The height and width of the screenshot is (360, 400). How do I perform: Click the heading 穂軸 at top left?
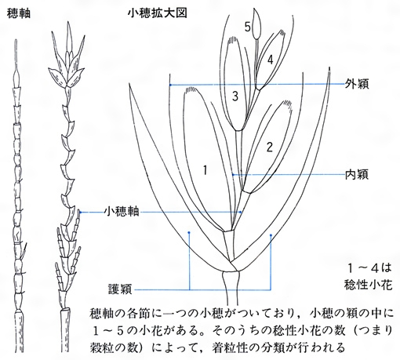tap(19, 13)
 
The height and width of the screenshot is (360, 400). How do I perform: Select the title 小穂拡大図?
tap(158, 13)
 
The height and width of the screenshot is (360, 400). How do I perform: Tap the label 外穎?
tap(357, 84)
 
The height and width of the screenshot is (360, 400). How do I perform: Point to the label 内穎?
tap(357, 174)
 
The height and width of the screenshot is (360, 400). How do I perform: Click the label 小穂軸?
tap(122, 212)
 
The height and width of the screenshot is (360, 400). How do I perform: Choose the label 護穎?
tap(121, 289)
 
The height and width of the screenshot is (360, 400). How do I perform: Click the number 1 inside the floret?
tap(205, 171)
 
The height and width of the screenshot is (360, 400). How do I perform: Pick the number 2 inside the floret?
tap(270, 147)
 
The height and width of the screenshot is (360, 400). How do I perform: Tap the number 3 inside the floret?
tap(235, 96)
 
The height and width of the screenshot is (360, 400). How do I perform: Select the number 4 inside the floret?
tap(270, 60)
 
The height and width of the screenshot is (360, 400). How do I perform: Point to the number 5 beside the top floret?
tap(248, 27)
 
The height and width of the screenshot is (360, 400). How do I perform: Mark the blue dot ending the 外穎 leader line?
tap(170, 85)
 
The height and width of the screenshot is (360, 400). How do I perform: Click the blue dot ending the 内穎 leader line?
tap(233, 174)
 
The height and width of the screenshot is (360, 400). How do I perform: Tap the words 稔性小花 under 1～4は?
tap(369, 285)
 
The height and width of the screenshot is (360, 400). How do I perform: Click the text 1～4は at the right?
tap(369, 268)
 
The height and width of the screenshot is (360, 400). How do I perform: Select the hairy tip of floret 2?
tap(287, 105)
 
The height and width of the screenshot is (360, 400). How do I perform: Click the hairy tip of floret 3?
tap(233, 41)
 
